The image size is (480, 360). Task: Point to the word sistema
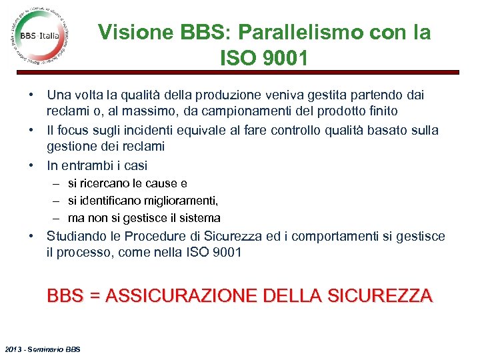(x=199, y=218)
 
